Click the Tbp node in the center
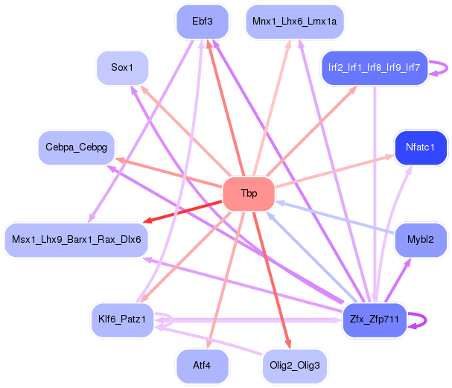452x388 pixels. pyautogui.click(x=249, y=194)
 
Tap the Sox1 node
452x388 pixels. pyautogui.click(x=122, y=68)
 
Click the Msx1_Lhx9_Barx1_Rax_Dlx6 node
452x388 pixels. pyautogui.click(x=77, y=239)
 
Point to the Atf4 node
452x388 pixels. pyautogui.click(x=202, y=366)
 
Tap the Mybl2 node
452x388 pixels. pyautogui.click(x=421, y=239)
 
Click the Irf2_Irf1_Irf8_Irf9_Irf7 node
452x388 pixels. pyautogui.click(x=374, y=68)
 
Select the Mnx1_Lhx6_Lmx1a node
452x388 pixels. pyautogui.click(x=294, y=22)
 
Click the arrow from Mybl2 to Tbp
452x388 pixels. pyautogui.click(x=335, y=217)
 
